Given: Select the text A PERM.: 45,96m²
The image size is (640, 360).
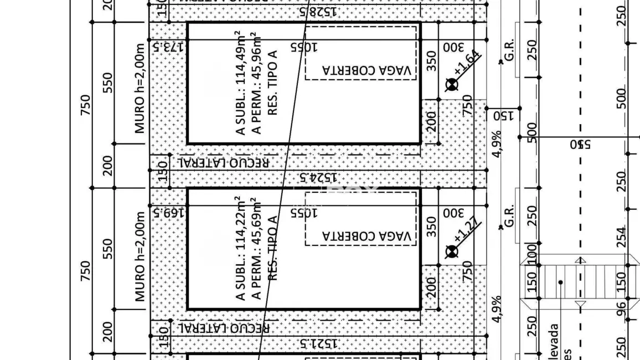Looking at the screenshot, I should click(x=255, y=83).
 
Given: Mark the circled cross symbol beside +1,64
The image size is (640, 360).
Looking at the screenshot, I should click(x=452, y=84).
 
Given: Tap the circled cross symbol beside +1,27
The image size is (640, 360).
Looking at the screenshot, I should click(x=452, y=251).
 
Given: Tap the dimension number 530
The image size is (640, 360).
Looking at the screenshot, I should click(x=581, y=145).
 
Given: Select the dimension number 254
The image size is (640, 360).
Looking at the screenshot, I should click(x=622, y=236).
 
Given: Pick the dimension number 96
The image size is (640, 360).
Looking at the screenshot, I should click(x=622, y=306).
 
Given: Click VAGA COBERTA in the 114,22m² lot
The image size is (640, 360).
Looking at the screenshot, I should click(x=367, y=237).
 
